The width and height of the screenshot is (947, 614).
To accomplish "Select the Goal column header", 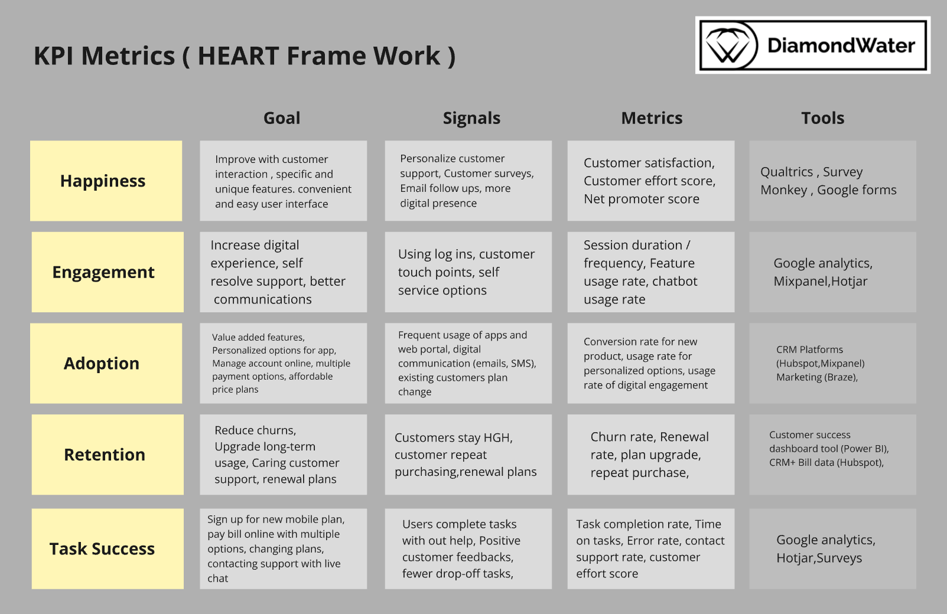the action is click(x=282, y=118).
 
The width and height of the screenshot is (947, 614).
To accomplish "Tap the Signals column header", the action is click(x=471, y=118).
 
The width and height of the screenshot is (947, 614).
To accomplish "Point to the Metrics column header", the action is click(x=652, y=118).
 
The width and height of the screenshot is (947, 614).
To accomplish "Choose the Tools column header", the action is click(x=822, y=118).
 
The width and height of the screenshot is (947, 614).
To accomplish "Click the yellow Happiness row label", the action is click(x=106, y=181).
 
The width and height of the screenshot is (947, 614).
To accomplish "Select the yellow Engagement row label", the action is click(x=108, y=272).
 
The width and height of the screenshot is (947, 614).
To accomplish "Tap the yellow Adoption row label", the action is click(x=106, y=363).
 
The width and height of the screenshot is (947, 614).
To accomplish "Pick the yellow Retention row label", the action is click(x=108, y=455).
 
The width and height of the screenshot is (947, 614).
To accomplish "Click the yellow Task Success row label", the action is click(x=108, y=548).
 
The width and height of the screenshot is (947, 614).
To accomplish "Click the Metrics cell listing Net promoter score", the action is click(x=650, y=181).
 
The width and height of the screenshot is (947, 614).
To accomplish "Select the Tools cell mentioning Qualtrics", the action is click(x=832, y=181).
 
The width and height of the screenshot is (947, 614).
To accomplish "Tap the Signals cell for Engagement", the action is click(x=468, y=272).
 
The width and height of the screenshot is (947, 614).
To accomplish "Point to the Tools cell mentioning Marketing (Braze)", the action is click(x=832, y=363).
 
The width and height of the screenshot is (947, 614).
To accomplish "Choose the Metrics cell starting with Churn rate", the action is click(x=650, y=455).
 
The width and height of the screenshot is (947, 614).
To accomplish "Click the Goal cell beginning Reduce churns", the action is click(x=283, y=455).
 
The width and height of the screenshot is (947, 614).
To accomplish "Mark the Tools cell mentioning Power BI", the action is click(x=832, y=455).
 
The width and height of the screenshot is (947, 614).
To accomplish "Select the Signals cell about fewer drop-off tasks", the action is click(x=468, y=548).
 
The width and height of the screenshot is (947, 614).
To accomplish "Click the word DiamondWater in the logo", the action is click(x=841, y=45).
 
